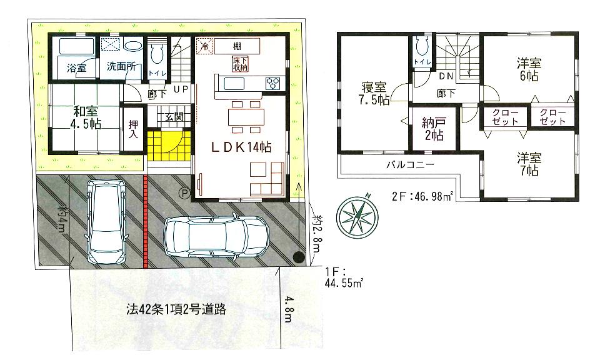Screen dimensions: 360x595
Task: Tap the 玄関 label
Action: (x=173, y=117)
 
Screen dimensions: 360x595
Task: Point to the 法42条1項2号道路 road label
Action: (x=167, y=309)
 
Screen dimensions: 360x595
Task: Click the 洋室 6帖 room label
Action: (x=528, y=69)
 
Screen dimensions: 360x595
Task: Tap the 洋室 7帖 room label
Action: (x=528, y=164)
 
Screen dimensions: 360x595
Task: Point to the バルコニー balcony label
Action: (x=409, y=164)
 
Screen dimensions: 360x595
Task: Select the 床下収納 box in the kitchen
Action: (x=240, y=64)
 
